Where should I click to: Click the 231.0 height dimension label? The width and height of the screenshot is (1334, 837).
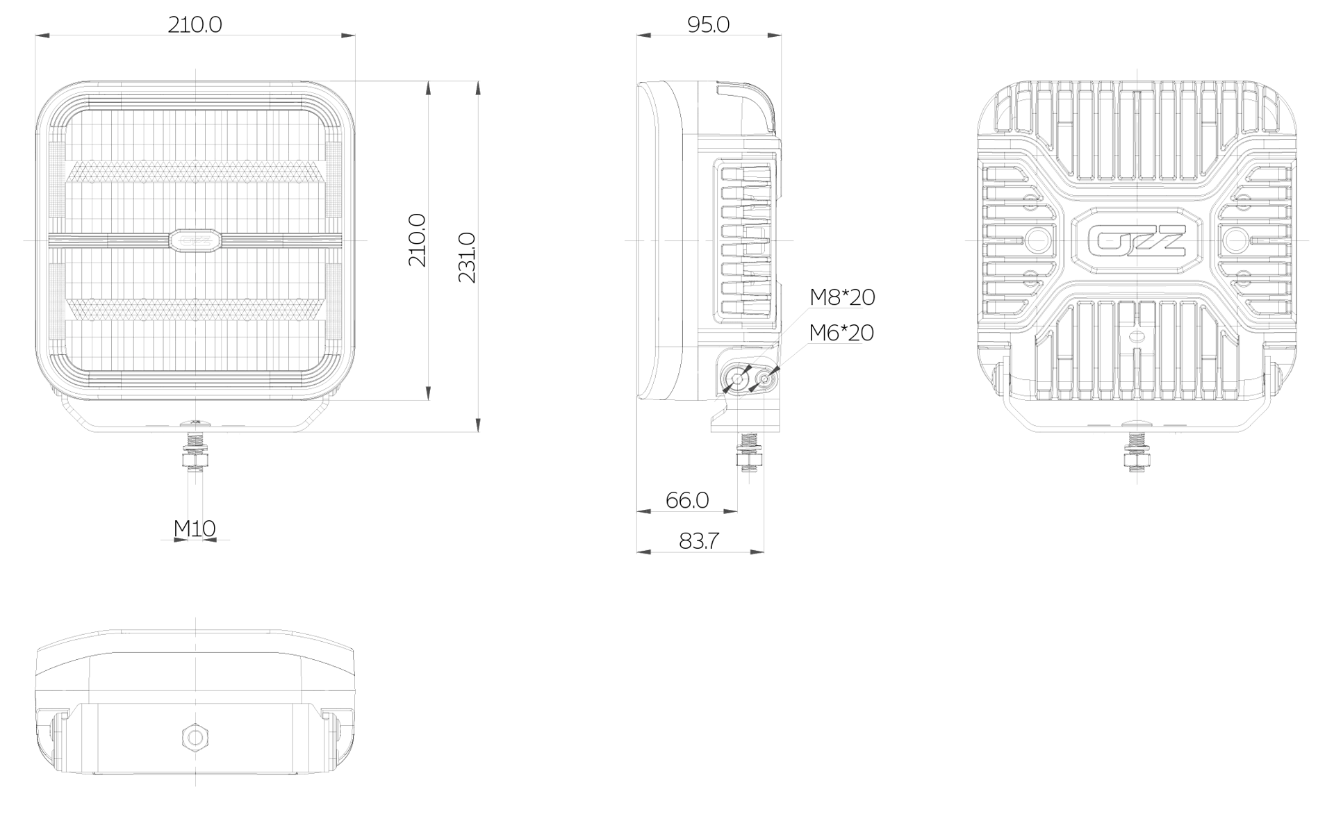(467, 258)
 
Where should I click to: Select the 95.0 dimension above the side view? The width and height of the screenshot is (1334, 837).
(708, 25)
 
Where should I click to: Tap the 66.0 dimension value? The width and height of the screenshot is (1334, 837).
(687, 500)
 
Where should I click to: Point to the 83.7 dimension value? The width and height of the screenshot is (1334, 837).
(699, 541)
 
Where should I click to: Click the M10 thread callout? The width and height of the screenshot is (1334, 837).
(195, 529)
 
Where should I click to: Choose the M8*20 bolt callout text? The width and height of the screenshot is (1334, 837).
(842, 297)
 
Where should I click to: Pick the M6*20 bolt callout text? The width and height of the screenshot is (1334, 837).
(841, 333)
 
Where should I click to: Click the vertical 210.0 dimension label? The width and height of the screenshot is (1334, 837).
(417, 240)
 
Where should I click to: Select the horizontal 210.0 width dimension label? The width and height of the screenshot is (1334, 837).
(195, 25)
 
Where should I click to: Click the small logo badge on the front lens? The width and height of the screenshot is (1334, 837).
(195, 240)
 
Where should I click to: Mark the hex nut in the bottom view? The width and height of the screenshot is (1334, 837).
(195, 737)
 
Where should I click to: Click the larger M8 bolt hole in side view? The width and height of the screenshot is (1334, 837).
(736, 379)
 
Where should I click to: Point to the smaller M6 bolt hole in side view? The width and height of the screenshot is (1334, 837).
(764, 379)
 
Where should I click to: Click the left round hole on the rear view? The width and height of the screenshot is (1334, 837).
(1039, 241)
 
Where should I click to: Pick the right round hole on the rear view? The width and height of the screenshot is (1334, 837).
(1235, 241)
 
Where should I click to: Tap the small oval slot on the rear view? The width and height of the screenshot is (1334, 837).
(1137, 337)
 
